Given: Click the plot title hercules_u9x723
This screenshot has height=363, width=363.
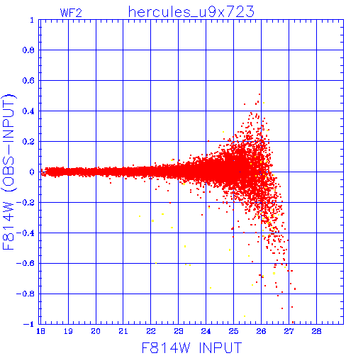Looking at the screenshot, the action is [191, 12].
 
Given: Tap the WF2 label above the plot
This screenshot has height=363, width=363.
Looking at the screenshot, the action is [71, 13].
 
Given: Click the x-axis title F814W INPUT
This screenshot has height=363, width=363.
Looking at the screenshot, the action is [191, 347].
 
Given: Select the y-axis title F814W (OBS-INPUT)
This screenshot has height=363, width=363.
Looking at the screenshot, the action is [9, 172].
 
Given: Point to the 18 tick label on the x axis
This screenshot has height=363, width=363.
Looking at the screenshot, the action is [40, 331].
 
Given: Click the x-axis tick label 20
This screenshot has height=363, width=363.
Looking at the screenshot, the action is [96, 331].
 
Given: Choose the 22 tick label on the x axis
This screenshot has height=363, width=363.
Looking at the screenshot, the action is [151, 331].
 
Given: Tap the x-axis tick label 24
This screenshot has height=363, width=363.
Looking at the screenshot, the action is [206, 331].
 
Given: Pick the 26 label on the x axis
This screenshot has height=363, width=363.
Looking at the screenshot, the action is [261, 331].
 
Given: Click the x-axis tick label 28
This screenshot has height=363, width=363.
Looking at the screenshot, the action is [316, 331].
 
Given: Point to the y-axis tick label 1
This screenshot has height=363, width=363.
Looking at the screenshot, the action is [32, 20].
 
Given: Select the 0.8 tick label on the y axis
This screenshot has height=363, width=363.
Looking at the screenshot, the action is [28, 50].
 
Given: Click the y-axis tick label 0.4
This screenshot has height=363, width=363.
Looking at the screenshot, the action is [28, 111].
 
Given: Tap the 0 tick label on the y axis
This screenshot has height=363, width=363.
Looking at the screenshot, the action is [32, 172].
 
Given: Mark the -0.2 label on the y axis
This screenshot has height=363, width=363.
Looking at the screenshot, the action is [26, 203].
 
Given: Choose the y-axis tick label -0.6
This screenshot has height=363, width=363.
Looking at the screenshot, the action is [26, 263].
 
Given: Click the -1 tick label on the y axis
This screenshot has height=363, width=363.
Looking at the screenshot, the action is [28, 324].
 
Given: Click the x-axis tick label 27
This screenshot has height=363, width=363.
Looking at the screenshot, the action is [289, 331].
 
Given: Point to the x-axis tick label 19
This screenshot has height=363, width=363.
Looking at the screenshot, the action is [68, 331].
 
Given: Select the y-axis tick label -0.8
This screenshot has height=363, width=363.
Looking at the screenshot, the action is [26, 294].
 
